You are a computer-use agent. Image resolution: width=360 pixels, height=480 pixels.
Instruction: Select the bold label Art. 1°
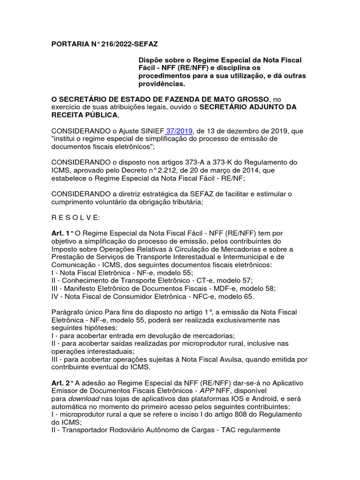(62, 233)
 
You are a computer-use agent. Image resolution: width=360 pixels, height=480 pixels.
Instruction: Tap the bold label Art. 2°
(62, 383)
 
